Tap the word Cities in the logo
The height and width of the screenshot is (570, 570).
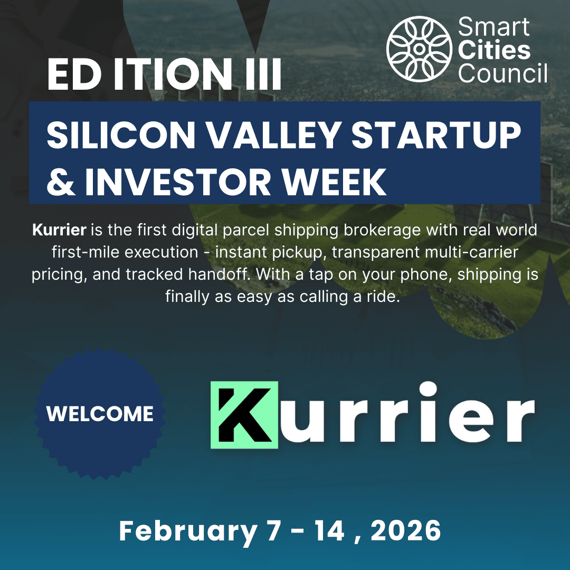(x=494, y=51)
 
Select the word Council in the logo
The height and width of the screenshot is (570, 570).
(x=502, y=73)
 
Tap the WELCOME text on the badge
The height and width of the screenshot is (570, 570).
(x=100, y=414)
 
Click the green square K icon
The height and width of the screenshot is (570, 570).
(x=244, y=415)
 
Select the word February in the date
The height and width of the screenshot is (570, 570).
(x=187, y=531)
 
